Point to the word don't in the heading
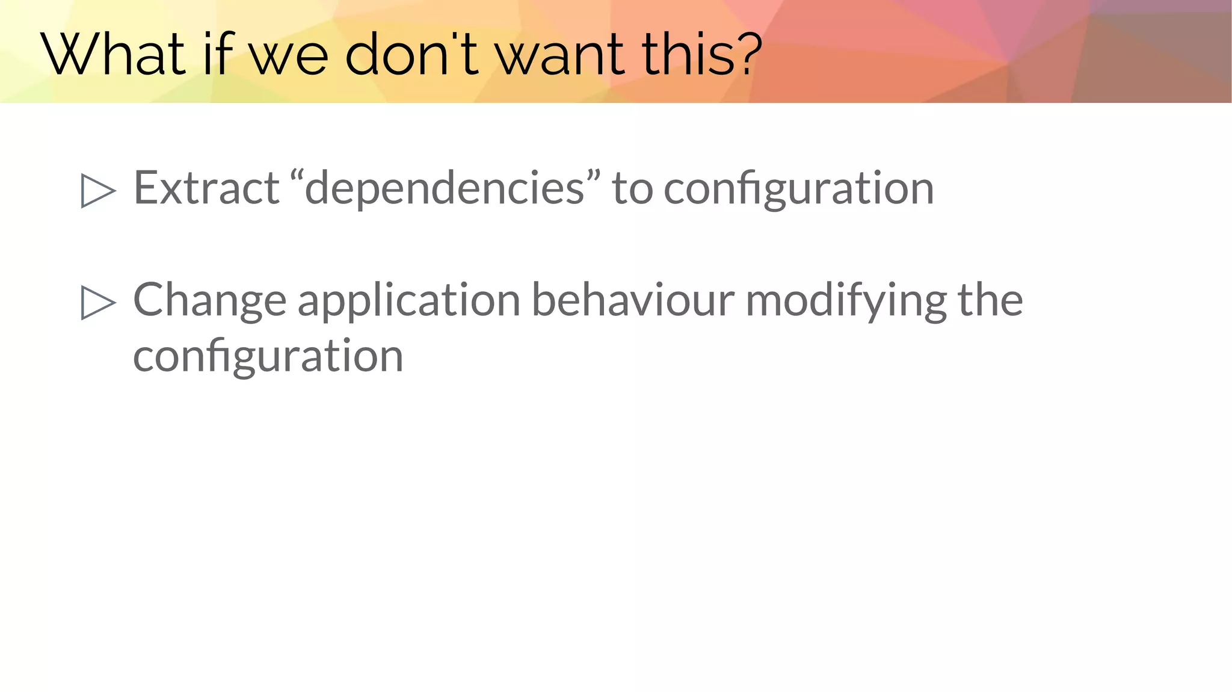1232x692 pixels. (x=411, y=55)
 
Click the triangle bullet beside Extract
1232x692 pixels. (x=97, y=191)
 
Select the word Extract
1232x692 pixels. (x=206, y=188)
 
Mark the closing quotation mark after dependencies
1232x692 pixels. (x=593, y=177)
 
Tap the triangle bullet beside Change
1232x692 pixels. (x=97, y=303)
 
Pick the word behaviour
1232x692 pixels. (x=633, y=300)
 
